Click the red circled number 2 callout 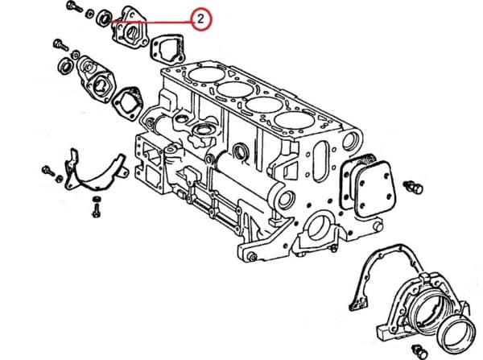coord(200,19)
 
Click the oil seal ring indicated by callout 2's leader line coord(104,18)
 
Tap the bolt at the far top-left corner coord(74,6)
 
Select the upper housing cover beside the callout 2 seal coord(130,27)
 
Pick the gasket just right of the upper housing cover coord(167,49)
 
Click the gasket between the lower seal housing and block coord(128,104)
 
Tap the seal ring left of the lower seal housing coord(65,66)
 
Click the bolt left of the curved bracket coord(48,170)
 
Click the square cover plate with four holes coord(374,188)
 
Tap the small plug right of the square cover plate coord(415,187)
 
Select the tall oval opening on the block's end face coord(321,161)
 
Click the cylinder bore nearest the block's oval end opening coord(295,121)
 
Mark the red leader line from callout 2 coord(151,22)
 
